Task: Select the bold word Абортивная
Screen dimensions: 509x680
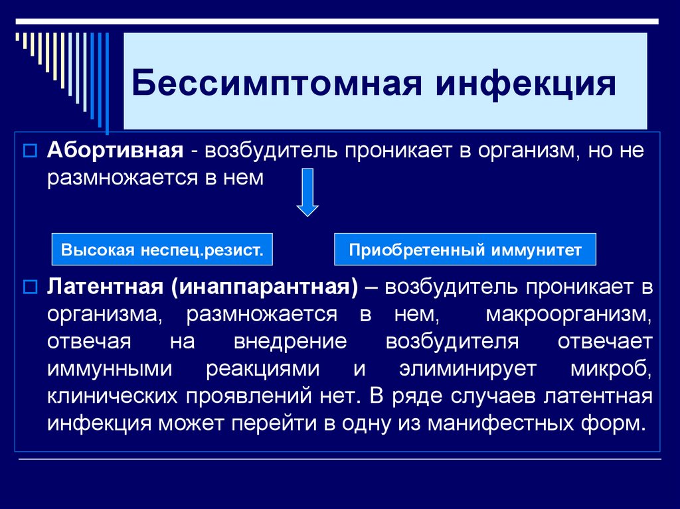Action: pyautogui.click(x=115, y=150)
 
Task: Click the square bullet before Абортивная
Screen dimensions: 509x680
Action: pyautogui.click(x=28, y=151)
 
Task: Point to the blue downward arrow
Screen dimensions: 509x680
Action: pyautogui.click(x=307, y=192)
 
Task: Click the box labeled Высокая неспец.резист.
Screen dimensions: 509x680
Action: pyautogui.click(x=163, y=250)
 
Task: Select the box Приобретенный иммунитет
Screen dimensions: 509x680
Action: pyautogui.click(x=465, y=250)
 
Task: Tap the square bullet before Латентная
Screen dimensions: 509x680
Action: pyautogui.click(x=28, y=287)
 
